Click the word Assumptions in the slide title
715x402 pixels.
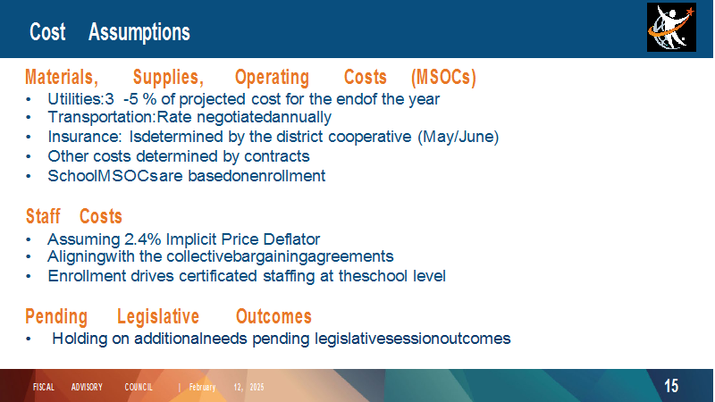click(x=139, y=32)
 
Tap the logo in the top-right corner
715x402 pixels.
click(x=671, y=28)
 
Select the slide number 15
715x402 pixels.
click(x=671, y=386)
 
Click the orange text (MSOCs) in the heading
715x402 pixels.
click(x=443, y=77)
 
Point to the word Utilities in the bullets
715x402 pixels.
click(x=75, y=99)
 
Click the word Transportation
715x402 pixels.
click(x=101, y=117)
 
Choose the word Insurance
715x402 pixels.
click(x=84, y=137)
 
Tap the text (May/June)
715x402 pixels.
click(x=458, y=137)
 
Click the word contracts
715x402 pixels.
click(x=277, y=156)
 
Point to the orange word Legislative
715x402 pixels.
click(x=158, y=317)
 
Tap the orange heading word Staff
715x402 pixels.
click(x=43, y=216)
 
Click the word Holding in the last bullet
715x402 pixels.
click(x=80, y=339)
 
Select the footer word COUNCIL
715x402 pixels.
click(x=139, y=387)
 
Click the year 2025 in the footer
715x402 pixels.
click(x=257, y=387)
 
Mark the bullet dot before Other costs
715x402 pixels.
click(x=29, y=156)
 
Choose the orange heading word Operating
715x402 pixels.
click(x=272, y=77)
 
